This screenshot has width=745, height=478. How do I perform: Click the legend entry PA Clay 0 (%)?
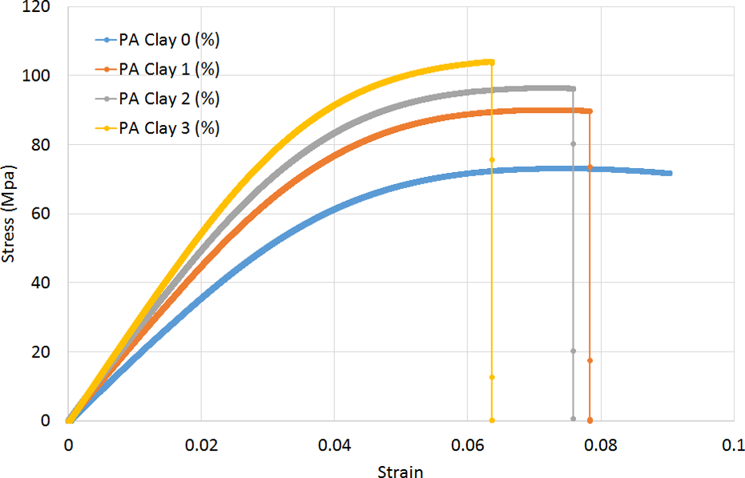pos(157,40)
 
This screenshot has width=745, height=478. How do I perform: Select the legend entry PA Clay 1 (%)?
pos(157,70)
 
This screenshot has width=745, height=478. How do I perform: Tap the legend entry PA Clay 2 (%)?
pos(157,98)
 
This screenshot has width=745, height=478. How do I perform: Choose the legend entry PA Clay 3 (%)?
pos(157,128)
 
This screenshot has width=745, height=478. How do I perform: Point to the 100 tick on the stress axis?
pos(36,76)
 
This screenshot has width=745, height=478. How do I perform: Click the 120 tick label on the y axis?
pos(36,7)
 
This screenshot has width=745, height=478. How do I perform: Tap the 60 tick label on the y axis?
pos(41,214)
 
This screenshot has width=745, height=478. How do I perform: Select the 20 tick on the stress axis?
pos(41,351)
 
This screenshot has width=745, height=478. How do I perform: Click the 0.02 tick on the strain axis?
pos(201,445)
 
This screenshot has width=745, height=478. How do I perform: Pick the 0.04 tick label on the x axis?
pos(335,445)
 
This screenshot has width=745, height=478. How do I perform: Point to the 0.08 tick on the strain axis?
pos(601,445)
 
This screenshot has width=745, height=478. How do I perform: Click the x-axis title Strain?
pos(400,472)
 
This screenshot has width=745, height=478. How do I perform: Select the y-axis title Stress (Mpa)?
pos(8,214)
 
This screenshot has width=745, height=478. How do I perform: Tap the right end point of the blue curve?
pos(670,173)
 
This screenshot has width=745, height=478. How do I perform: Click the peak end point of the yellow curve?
pos(492,62)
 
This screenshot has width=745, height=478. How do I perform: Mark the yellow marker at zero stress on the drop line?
pos(492,420)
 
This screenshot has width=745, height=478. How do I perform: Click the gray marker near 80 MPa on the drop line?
pos(573,144)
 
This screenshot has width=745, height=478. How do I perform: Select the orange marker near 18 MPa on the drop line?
pos(590,361)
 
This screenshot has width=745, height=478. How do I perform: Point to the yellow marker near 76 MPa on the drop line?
pos(492,160)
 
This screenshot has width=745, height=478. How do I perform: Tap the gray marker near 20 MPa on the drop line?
pos(573,351)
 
